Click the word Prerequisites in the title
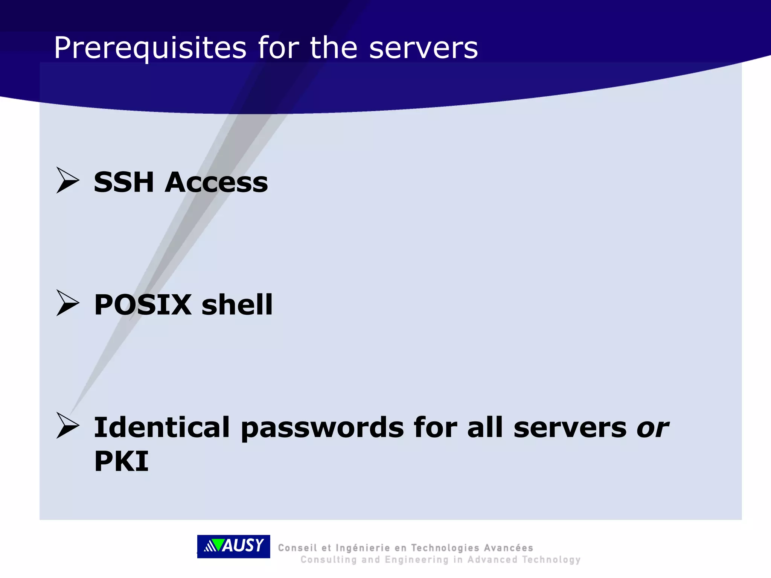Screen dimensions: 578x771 click(150, 48)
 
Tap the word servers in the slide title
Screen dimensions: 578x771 click(424, 48)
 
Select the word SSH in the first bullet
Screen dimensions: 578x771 click(124, 182)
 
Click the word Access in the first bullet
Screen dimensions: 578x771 click(216, 182)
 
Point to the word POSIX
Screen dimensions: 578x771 click(143, 304)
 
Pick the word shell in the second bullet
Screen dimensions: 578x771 click(237, 304)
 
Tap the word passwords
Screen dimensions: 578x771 click(322, 428)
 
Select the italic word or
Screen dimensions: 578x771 click(652, 428)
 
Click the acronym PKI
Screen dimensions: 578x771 click(121, 461)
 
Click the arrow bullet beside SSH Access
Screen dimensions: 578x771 click(67, 180)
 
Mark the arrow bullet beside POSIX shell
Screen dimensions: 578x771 click(67, 303)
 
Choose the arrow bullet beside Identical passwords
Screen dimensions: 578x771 click(67, 425)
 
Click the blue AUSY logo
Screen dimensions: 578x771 click(233, 546)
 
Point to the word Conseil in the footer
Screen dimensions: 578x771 click(297, 548)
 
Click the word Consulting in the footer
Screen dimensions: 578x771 click(328, 560)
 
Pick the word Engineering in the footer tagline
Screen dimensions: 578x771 click(417, 560)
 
